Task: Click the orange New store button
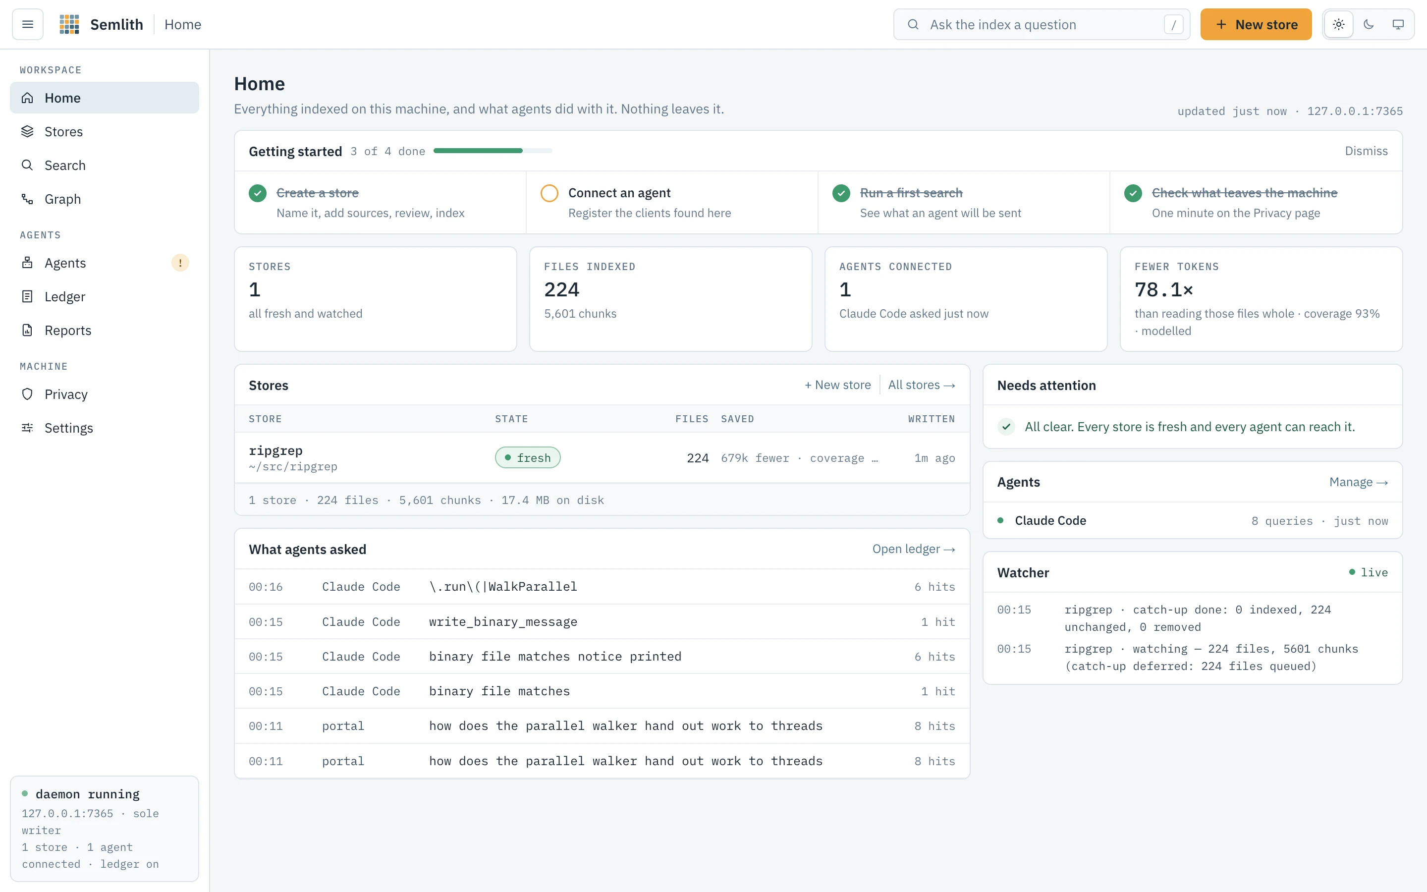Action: click(x=1256, y=24)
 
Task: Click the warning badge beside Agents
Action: click(x=180, y=263)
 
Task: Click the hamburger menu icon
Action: click(x=28, y=24)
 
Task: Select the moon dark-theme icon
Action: click(x=1369, y=24)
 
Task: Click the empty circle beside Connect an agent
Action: click(x=549, y=193)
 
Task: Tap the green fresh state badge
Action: click(x=528, y=458)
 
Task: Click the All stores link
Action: click(x=922, y=385)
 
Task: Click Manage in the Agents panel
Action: click(x=1359, y=482)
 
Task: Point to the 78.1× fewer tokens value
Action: click(x=1163, y=290)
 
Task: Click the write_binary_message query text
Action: click(x=503, y=622)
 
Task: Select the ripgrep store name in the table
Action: click(x=275, y=450)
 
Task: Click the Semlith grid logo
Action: click(x=69, y=24)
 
